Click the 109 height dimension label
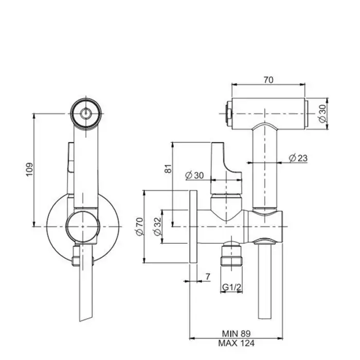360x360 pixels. point(29,169)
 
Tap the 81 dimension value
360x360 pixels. point(169,169)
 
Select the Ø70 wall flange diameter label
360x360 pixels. point(139,226)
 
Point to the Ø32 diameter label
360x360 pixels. point(157,226)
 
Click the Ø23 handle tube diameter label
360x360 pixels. point(298,158)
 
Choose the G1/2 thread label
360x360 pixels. point(231,287)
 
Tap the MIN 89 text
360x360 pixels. point(236,333)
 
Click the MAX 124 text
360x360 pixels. point(236,343)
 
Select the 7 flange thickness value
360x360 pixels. point(208,277)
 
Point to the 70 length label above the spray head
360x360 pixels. point(268,80)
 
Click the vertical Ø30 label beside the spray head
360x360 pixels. point(322,114)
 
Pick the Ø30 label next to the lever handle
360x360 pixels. point(194,175)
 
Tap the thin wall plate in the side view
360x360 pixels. point(193,227)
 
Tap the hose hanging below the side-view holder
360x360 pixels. point(265,281)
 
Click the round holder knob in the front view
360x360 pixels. point(83,227)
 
